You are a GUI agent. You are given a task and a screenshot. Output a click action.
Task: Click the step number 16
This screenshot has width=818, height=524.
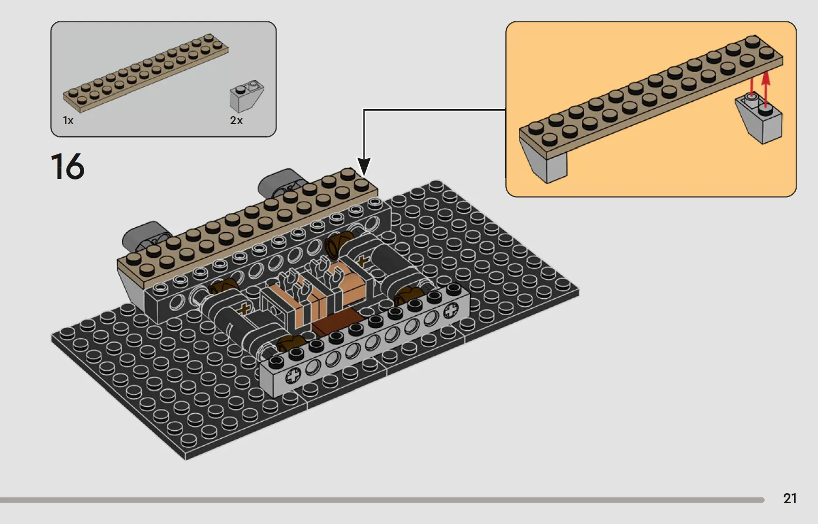pyautogui.click(x=68, y=167)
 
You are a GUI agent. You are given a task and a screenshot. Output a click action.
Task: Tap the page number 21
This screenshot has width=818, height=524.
pyautogui.click(x=790, y=498)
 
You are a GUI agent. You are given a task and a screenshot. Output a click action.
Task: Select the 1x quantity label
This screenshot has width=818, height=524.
pyautogui.click(x=68, y=120)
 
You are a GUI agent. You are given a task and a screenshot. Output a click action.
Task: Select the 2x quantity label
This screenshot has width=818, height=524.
pyautogui.click(x=236, y=120)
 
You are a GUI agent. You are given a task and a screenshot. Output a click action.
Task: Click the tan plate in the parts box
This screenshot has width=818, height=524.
pyautogui.click(x=145, y=72)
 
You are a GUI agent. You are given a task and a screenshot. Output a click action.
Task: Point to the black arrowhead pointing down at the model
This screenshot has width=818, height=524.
pyautogui.click(x=364, y=167)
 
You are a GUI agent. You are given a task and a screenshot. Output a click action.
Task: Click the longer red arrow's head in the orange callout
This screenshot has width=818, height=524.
pyautogui.click(x=766, y=78)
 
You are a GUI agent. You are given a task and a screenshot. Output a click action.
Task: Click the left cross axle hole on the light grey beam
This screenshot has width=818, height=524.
pyautogui.click(x=294, y=376)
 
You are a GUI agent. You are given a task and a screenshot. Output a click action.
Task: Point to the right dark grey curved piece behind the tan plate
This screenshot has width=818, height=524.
pyautogui.click(x=281, y=182)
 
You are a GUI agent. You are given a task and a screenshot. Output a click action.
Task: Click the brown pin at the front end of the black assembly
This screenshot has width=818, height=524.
pyautogui.click(x=290, y=343)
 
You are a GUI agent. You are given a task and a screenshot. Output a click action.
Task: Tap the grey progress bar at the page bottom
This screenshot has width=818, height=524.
pyautogui.click(x=382, y=500)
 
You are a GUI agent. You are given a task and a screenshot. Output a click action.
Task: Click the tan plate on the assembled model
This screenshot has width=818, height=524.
pyautogui.click(x=247, y=228)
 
